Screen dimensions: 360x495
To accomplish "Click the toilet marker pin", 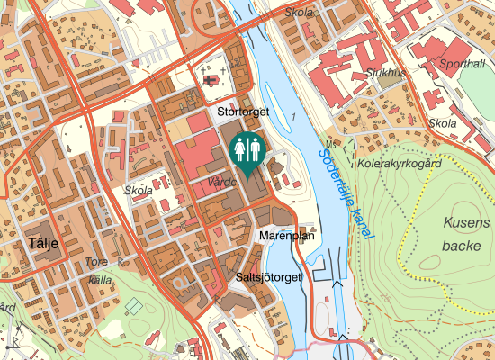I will click(x=247, y=149).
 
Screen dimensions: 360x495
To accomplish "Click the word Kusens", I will click(x=467, y=222).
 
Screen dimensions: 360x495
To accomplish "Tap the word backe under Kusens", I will click(x=463, y=245).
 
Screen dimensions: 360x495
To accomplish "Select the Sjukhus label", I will click(x=386, y=72).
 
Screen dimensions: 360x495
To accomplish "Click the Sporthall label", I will click(x=461, y=65).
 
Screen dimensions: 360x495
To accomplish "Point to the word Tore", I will click(x=96, y=263).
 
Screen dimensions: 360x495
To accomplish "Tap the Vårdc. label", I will click(x=221, y=181).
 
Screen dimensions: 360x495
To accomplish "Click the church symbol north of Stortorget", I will click(x=211, y=81).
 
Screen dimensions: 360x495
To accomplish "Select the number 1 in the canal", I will click(x=292, y=118).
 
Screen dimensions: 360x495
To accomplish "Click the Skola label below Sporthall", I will click(x=443, y=123).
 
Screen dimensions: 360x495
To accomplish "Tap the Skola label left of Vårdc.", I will click(x=139, y=191).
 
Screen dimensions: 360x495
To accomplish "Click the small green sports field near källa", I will click(x=133, y=306).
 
